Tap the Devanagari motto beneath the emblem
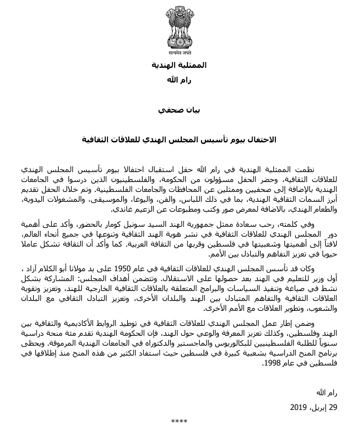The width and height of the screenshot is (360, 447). point(180,52)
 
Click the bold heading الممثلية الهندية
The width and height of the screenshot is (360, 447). point(179,65)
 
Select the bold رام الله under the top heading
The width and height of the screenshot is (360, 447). point(179,80)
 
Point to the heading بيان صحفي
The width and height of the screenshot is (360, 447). point(179,110)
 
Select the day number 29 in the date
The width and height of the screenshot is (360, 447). point(333,407)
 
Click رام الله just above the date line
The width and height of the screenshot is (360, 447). point(327,393)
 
